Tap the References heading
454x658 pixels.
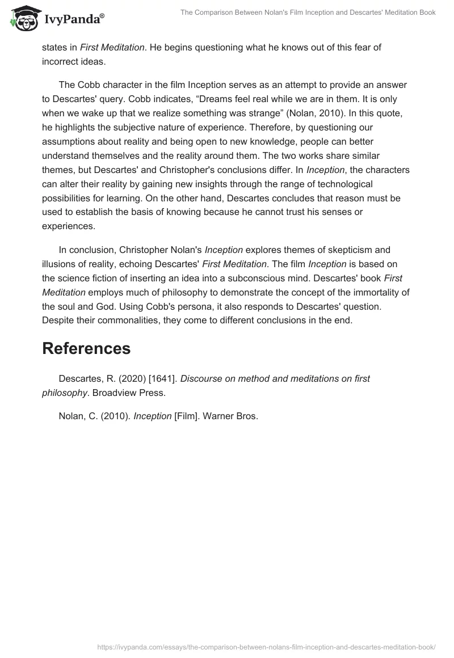86,348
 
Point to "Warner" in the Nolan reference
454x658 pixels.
223,416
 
